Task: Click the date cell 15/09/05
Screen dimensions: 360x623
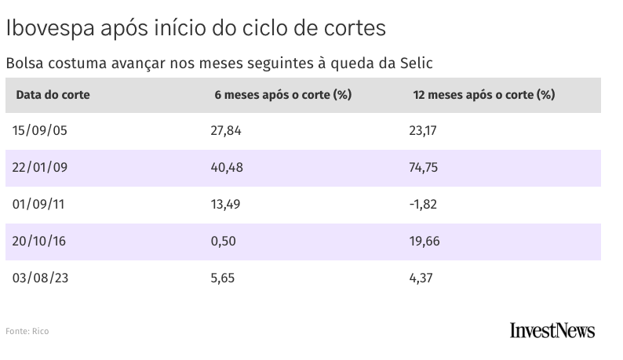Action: (40, 131)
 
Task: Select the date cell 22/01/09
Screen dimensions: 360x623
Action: (39, 168)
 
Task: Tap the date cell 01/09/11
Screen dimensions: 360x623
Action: (39, 205)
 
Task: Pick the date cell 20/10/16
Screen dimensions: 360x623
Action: (39, 242)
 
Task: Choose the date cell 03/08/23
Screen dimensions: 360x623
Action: (40, 278)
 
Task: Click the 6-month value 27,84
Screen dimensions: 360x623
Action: (226, 131)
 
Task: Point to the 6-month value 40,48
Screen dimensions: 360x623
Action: (227, 168)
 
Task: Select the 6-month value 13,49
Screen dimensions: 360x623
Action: (226, 205)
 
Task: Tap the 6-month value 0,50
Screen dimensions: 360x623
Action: (223, 242)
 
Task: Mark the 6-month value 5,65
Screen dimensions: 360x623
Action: (223, 278)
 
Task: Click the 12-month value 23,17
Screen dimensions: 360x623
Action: (423, 131)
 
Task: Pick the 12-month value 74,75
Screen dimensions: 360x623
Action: (424, 168)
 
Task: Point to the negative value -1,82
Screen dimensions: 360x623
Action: (422, 205)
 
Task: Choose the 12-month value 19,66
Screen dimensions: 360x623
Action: (424, 242)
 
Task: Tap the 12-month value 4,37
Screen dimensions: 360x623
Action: (421, 278)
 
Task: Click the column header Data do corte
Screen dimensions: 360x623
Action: (53, 95)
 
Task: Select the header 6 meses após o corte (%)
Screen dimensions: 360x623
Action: (282, 95)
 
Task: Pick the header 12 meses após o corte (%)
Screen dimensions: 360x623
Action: (483, 95)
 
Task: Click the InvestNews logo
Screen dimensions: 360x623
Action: (552, 330)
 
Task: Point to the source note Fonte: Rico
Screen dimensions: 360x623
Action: (27, 332)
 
